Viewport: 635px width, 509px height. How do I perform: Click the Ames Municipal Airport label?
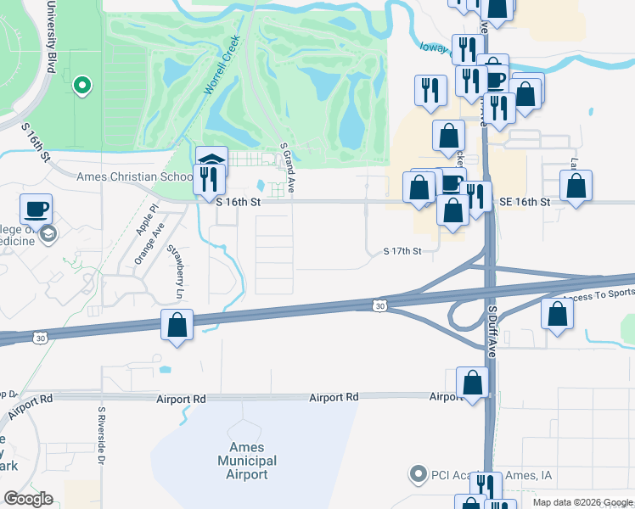(x=247, y=461)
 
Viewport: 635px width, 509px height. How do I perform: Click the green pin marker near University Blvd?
(x=82, y=85)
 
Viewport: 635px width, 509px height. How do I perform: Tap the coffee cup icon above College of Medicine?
(x=37, y=209)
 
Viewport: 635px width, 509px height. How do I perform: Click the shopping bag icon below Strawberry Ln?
(x=177, y=325)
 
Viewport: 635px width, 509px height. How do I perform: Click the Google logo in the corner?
(x=29, y=499)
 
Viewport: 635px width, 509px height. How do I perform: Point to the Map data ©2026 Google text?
(x=582, y=502)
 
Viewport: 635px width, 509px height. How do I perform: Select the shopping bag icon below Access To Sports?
(x=556, y=314)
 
